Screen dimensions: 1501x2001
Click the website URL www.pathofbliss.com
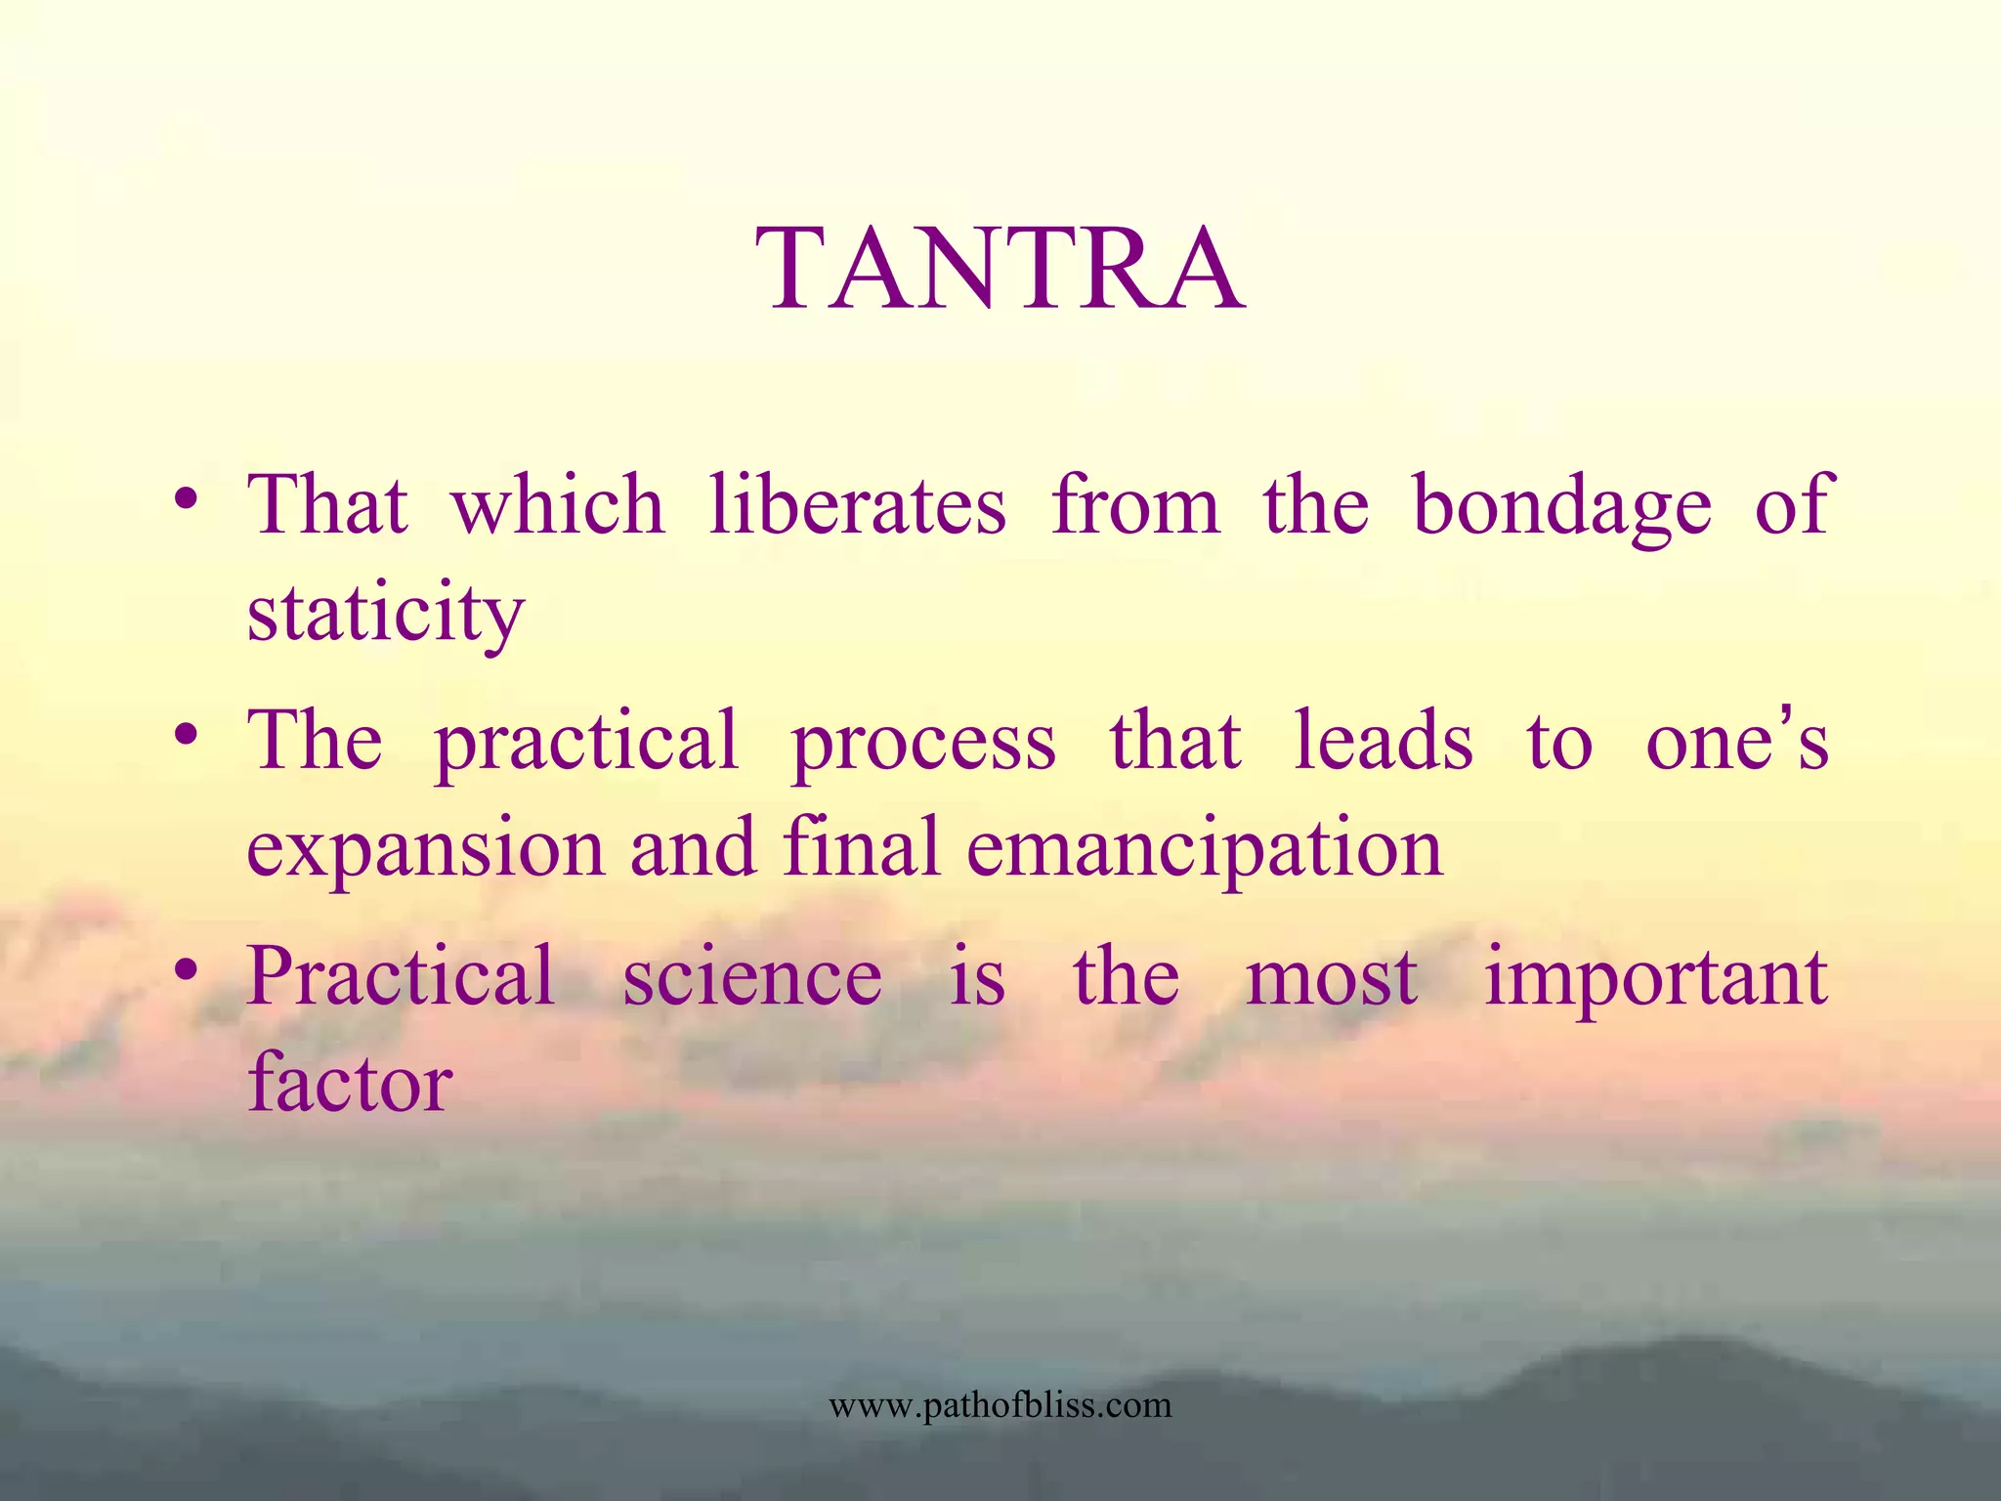[1000, 1405]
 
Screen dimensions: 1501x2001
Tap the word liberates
[857, 505]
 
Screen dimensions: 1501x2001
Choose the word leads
[1383, 740]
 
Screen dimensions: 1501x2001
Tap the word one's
[1736, 740]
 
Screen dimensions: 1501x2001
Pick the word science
[752, 977]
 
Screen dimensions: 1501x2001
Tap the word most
[1332, 977]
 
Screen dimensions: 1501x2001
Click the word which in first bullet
[557, 505]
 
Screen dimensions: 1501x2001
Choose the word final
[861, 846]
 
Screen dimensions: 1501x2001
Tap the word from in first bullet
[1135, 505]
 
